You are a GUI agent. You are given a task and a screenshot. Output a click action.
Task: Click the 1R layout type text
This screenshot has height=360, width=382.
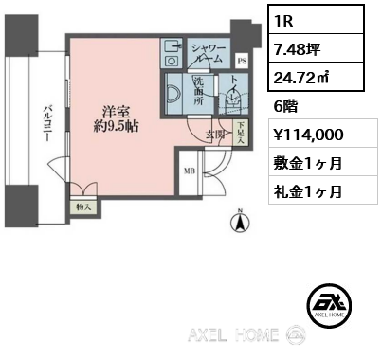pyautogui.click(x=283, y=21)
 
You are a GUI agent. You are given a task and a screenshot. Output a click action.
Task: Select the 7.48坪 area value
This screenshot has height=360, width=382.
pyautogui.click(x=298, y=49)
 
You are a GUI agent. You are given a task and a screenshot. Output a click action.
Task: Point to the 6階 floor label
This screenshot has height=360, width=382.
pyautogui.click(x=285, y=107)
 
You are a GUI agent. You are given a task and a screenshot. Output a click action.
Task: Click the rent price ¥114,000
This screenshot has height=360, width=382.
pyautogui.click(x=308, y=135)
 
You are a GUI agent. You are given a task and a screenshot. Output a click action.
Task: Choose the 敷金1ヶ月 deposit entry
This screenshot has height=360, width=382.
pyautogui.click(x=308, y=164)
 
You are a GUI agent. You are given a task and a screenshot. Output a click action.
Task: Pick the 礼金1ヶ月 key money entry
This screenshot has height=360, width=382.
pyautogui.click(x=308, y=191)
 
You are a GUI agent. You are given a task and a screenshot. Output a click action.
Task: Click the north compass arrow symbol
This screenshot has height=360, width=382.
pyautogui.click(x=241, y=221)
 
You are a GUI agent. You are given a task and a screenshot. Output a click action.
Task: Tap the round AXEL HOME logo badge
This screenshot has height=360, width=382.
pyautogui.click(x=330, y=306)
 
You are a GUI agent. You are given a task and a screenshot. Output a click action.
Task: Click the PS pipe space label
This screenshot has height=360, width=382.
pyautogui.click(x=243, y=61)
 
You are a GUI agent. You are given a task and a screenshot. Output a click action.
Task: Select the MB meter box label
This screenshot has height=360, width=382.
pyautogui.click(x=190, y=171)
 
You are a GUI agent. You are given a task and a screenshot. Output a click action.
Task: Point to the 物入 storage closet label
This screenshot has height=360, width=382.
pyautogui.click(x=83, y=207)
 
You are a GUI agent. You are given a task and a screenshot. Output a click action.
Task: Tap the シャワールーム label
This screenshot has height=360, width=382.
pyautogui.click(x=209, y=53)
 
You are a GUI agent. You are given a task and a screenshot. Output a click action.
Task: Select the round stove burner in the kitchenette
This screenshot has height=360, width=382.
pyautogui.click(x=171, y=61)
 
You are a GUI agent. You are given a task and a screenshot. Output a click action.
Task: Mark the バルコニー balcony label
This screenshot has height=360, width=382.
pyautogui.click(x=48, y=124)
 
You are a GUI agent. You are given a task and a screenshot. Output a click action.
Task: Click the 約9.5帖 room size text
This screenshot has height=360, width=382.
pyautogui.click(x=116, y=126)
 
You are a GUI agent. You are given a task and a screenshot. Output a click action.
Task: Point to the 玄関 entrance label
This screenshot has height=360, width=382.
pyautogui.click(x=215, y=135)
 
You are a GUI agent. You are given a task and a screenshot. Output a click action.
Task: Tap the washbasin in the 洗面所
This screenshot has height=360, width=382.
pyautogui.click(x=173, y=94)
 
